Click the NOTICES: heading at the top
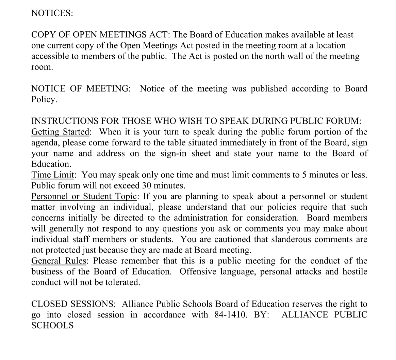[52, 13]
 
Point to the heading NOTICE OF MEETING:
[81, 89]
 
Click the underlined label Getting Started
[60, 132]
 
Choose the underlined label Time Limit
[53, 175]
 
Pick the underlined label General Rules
[60, 261]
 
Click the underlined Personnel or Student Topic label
[84, 196]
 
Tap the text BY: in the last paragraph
[262, 315]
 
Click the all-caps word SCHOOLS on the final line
[52, 325]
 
